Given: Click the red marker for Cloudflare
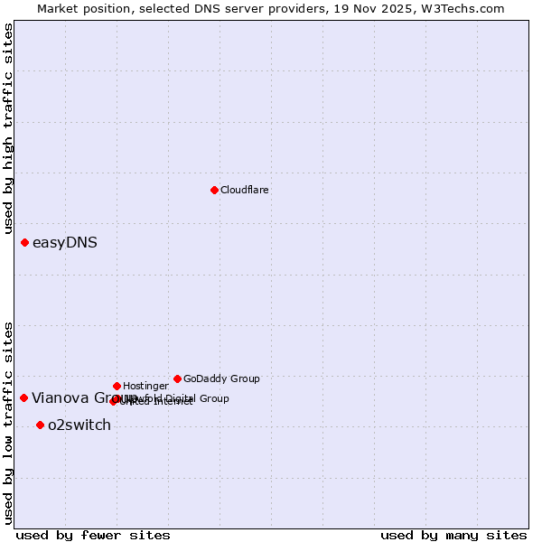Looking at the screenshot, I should [x=214, y=190].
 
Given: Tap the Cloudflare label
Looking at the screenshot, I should [x=244, y=191].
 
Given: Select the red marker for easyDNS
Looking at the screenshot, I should [x=24, y=242].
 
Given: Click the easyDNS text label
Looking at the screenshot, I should [x=65, y=243].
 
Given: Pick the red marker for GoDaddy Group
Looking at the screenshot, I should [x=177, y=378].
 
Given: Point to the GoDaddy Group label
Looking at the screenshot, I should [x=221, y=379].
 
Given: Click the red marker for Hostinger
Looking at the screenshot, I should [x=117, y=386].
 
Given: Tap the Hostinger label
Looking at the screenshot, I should [x=145, y=387].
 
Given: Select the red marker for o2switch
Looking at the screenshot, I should [x=40, y=425].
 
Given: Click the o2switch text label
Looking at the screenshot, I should [x=79, y=425].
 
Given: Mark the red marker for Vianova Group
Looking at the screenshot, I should [x=23, y=397].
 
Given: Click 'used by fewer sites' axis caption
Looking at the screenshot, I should [x=93, y=536].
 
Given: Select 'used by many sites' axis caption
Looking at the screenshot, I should [x=453, y=536].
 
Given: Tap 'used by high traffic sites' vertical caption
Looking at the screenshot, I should [x=9, y=129].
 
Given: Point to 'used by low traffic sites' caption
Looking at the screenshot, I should [x=9, y=422].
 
